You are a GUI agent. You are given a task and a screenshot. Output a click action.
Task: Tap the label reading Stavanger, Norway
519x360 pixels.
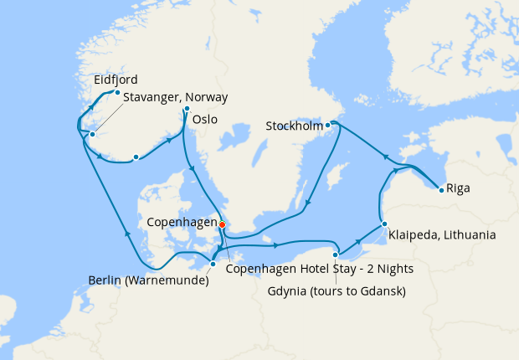point(175,98)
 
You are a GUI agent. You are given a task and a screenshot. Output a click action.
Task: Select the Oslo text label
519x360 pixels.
point(205,120)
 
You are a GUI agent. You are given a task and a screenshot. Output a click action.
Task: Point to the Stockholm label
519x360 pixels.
point(294,126)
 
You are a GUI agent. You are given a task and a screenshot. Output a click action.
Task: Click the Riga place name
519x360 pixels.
point(458,188)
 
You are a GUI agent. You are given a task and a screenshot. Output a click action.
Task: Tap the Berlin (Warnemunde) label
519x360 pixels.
point(148,280)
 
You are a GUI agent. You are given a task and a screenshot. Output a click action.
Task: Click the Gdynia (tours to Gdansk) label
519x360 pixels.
point(337,291)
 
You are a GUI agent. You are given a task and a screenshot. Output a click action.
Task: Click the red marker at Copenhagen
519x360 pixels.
point(222,224)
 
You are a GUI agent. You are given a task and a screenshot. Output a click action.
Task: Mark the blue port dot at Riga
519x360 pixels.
point(440,188)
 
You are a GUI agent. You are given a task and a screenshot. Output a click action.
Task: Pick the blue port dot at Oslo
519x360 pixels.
point(187,110)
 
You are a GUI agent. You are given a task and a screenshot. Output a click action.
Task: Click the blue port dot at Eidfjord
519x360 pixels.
point(117,92)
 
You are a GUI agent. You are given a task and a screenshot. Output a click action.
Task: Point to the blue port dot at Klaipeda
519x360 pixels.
point(383,224)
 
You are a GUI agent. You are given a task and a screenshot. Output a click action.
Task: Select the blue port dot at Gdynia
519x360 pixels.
point(335,255)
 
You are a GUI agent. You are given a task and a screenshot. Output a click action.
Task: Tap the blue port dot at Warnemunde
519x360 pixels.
point(213,264)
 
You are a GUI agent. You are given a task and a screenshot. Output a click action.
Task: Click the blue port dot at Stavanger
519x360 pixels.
point(92,135)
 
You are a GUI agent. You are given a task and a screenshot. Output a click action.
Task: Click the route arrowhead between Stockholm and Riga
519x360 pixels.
point(386,157)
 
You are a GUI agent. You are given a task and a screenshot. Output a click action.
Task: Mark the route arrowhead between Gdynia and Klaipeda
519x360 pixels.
point(362,239)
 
